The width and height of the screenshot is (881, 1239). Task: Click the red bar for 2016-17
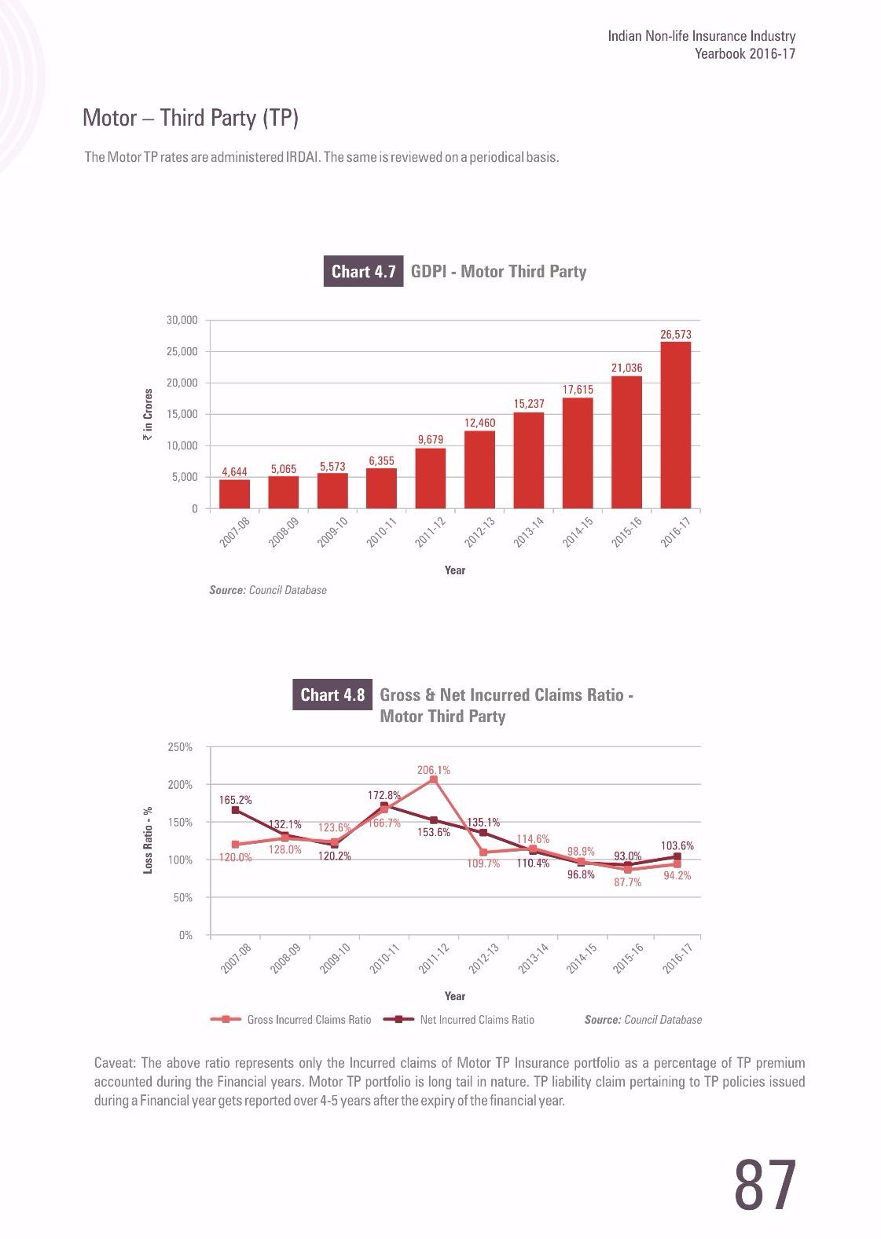coord(676,424)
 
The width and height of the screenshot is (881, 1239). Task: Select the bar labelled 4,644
coord(234,493)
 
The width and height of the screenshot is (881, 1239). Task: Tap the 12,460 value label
coord(479,423)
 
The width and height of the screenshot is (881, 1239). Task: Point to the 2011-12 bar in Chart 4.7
coord(431,478)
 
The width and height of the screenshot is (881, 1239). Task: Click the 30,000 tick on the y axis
coord(182,321)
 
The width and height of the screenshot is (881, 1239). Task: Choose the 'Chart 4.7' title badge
coord(363,272)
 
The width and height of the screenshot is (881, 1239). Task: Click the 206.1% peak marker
coord(433,779)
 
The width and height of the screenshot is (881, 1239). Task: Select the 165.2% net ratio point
coord(235,810)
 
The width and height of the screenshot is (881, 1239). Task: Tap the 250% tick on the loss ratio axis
coord(180,747)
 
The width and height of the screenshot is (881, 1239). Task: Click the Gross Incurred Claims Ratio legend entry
coord(292,1020)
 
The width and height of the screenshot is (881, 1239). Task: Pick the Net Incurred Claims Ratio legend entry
coord(459,1020)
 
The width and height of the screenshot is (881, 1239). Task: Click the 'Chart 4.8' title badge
coord(332,695)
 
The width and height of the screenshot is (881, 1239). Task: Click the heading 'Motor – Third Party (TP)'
coord(191,118)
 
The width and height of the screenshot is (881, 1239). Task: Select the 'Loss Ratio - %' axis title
coord(148,841)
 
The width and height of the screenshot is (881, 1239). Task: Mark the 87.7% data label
coord(628,882)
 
